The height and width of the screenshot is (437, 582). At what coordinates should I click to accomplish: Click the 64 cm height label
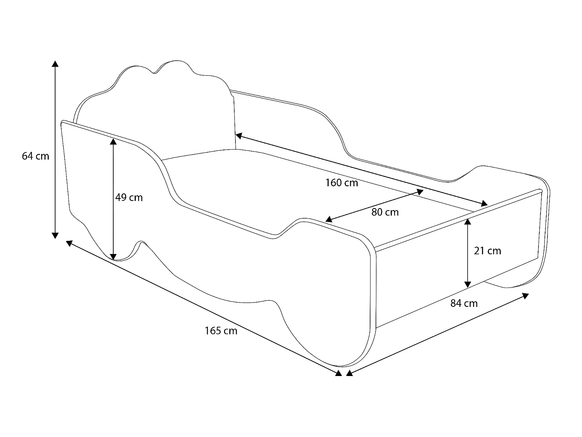coord(36,156)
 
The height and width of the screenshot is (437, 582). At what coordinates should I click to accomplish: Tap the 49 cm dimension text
coord(129,198)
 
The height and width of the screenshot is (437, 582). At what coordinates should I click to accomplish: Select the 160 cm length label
coord(341,183)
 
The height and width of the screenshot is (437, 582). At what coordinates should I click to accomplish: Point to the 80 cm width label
coord(385,212)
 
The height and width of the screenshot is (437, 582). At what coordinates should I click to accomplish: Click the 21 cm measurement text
coord(487,251)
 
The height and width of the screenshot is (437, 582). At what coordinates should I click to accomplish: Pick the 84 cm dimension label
coord(464,303)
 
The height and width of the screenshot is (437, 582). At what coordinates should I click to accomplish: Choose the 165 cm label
coord(221,331)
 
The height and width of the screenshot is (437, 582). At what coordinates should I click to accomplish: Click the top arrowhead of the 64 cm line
coord(55,64)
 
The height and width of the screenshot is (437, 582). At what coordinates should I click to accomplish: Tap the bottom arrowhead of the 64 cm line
coord(55,235)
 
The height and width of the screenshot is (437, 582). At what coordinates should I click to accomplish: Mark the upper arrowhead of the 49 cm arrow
coord(113,141)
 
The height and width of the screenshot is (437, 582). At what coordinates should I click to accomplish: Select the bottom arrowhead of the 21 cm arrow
coord(468,284)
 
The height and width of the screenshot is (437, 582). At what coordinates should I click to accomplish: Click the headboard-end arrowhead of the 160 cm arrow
coord(239,136)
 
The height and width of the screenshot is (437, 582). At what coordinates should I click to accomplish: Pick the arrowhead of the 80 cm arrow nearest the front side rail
coord(329,219)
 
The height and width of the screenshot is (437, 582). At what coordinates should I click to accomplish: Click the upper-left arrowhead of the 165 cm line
coord(69,243)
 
